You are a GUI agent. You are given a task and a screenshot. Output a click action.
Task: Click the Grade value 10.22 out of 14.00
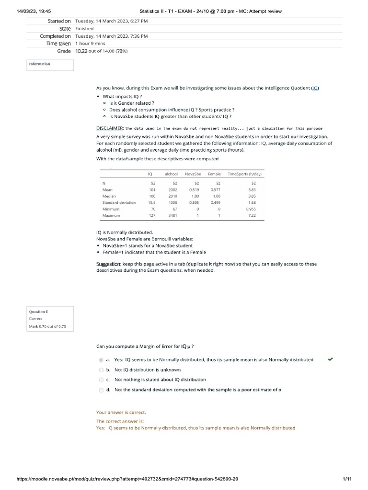(101, 51)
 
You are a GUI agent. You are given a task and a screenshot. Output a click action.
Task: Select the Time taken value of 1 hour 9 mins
(90, 44)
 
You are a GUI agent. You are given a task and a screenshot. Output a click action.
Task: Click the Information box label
(39, 64)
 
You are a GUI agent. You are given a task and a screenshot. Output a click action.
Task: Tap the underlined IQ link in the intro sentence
(315, 88)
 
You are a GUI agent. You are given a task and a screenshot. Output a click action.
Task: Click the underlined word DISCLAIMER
(110, 128)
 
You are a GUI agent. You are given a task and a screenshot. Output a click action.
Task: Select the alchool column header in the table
(171, 174)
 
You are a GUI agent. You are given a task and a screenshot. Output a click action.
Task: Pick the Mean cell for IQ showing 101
(152, 190)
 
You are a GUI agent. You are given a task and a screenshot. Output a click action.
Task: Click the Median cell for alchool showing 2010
(172, 196)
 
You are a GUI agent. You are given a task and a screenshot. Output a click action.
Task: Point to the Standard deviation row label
(119, 203)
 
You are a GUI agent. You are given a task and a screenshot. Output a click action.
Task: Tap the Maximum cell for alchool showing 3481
(172, 216)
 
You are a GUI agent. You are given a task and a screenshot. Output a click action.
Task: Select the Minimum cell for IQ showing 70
(153, 209)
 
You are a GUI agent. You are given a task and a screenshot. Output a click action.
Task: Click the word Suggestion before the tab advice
(108, 264)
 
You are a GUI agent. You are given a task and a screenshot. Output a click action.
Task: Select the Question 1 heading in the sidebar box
(39, 312)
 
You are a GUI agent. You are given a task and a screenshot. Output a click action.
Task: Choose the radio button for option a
(101, 360)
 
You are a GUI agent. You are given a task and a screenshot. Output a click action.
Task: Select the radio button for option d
(101, 390)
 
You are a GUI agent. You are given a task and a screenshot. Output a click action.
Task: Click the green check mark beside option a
(330, 359)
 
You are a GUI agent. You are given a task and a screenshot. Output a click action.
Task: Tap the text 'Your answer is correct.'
(121, 412)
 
